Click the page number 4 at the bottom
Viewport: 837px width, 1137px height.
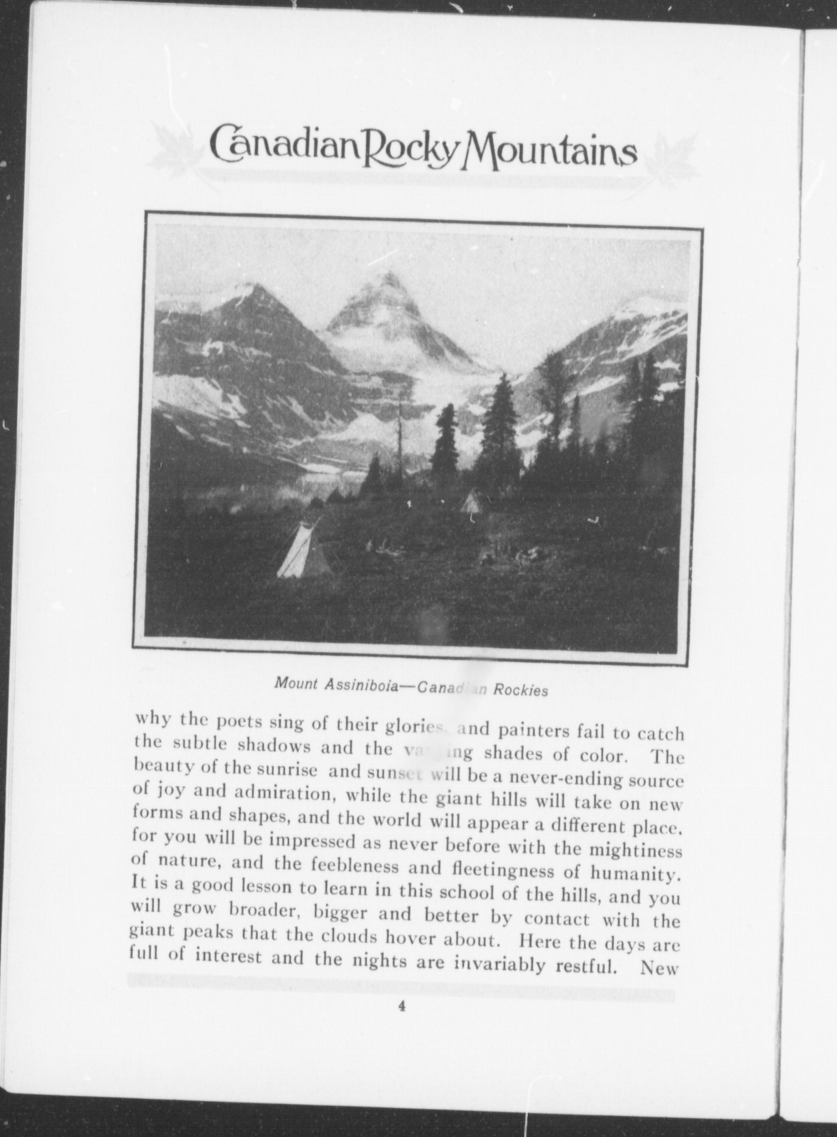click(402, 1006)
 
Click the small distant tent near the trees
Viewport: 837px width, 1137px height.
click(471, 503)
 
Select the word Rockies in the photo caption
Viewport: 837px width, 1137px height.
click(521, 690)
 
